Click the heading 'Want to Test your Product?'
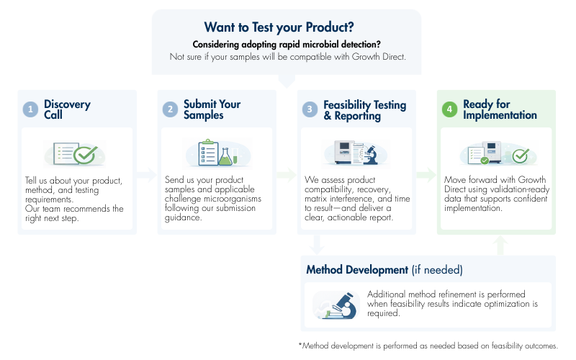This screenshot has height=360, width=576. [279, 27]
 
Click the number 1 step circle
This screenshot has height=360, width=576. [30, 109]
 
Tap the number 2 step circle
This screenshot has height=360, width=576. [170, 109]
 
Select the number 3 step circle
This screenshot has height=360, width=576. [310, 109]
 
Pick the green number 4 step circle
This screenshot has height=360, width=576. [449, 109]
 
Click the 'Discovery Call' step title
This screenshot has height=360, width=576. [67, 109]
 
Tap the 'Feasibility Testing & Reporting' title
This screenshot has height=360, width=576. [364, 109]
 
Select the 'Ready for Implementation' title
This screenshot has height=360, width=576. [500, 109]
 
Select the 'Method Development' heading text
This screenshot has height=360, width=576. [357, 270]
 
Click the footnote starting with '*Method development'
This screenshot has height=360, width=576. [428, 346]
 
